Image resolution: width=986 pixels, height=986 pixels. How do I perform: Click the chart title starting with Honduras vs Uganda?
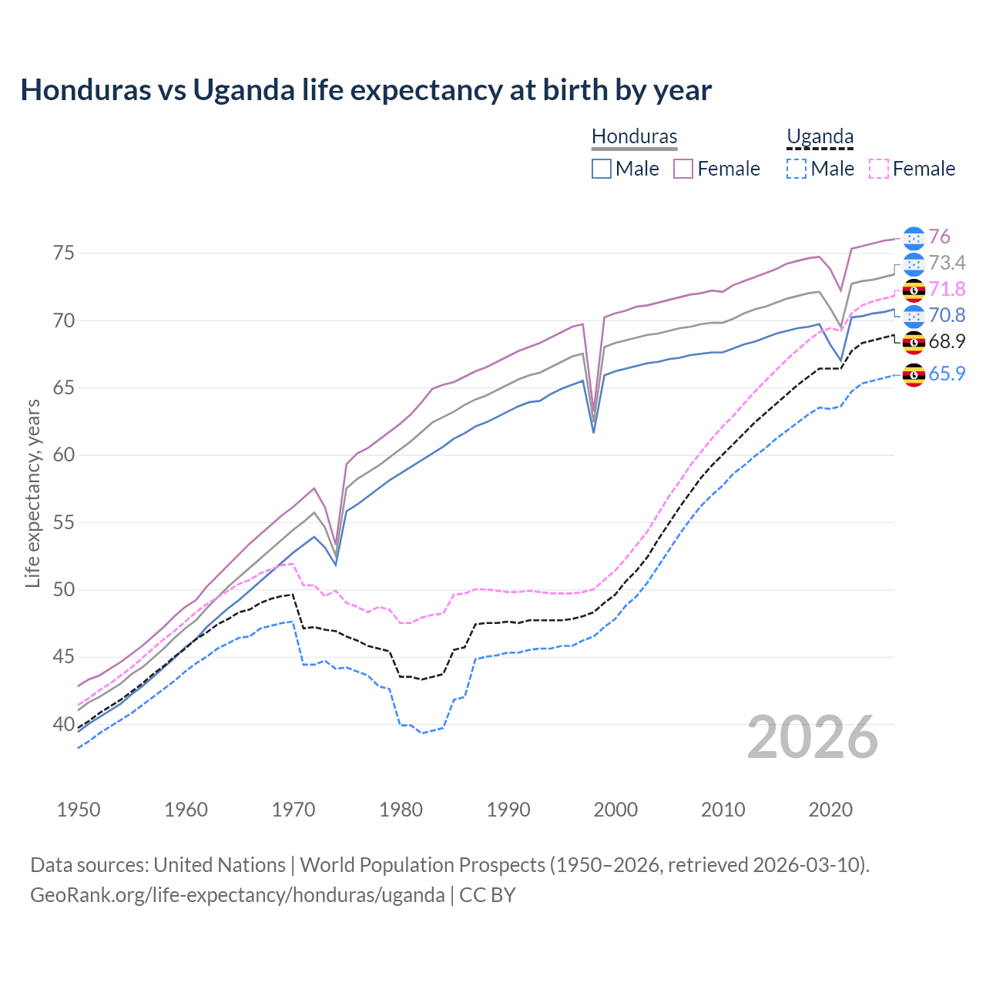pyautogui.click(x=366, y=90)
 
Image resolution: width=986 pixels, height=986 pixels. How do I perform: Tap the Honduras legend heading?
pyautogui.click(x=634, y=136)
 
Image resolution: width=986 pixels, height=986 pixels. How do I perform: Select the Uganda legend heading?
pyautogui.click(x=820, y=136)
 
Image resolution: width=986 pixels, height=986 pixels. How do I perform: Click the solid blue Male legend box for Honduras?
pyautogui.click(x=602, y=169)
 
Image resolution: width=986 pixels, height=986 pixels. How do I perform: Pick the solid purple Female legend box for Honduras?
pyautogui.click(x=683, y=169)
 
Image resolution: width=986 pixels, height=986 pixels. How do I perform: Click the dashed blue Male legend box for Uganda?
pyautogui.click(x=797, y=169)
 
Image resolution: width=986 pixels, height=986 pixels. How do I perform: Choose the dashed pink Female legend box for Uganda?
pyautogui.click(x=879, y=169)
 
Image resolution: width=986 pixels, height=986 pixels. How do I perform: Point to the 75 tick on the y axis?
pyautogui.click(x=63, y=253)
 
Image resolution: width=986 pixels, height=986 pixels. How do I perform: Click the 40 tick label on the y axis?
pyautogui.click(x=63, y=724)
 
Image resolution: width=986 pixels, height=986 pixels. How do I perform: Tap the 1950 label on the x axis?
pyautogui.click(x=79, y=810)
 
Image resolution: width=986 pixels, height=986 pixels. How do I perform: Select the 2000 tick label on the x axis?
pyautogui.click(x=615, y=810)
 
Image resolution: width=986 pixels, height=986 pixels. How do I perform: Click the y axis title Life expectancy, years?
pyautogui.click(x=32, y=493)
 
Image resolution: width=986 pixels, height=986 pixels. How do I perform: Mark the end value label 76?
pyautogui.click(x=939, y=236)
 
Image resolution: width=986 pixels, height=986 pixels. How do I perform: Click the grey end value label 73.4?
pyautogui.click(x=947, y=263)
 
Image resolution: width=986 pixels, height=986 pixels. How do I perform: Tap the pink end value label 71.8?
pyautogui.click(x=947, y=289)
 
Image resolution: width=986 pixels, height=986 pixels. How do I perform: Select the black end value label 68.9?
pyautogui.click(x=947, y=341)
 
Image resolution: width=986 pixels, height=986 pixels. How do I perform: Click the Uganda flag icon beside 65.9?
pyautogui.click(x=914, y=375)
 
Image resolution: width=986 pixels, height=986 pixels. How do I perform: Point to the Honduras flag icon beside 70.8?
pyautogui.click(x=914, y=315)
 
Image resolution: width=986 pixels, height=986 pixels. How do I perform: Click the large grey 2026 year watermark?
pyautogui.click(x=813, y=737)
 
